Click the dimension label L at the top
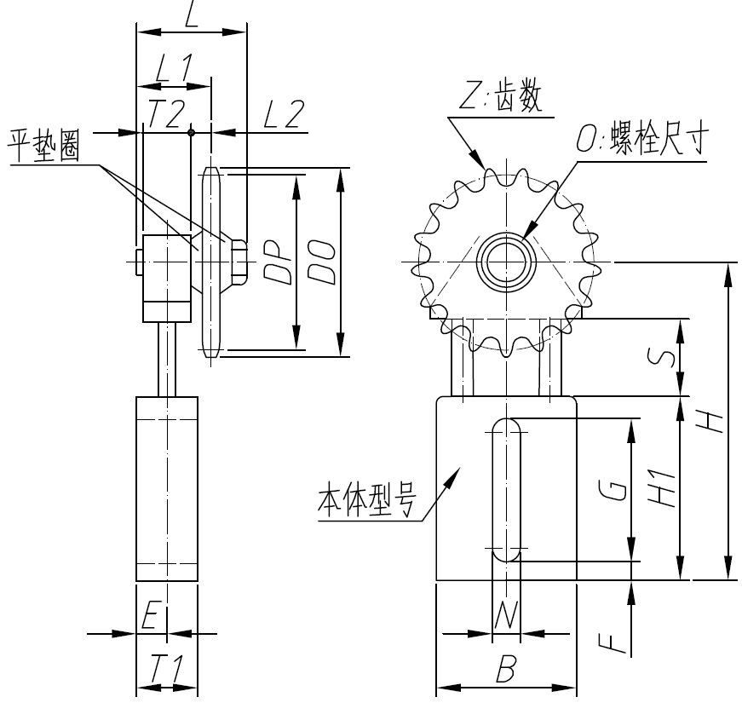pos(191,15)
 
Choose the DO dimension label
pos(320,262)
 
